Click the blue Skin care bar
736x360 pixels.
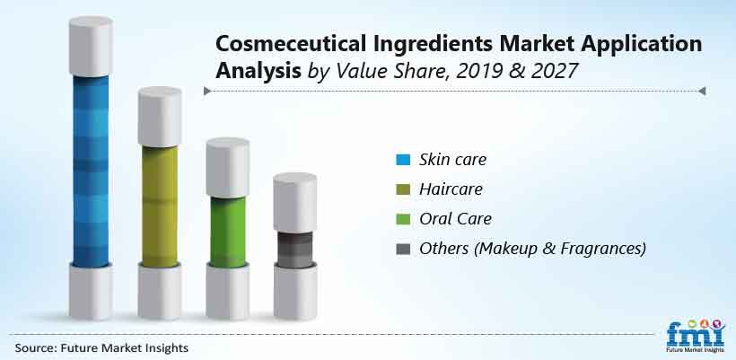coord(91,171)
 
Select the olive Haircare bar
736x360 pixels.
coord(160,206)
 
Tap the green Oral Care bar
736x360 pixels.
coord(228,232)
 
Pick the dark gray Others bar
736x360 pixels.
coord(294,250)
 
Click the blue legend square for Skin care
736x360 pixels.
coord(403,160)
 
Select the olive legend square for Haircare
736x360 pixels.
coord(403,189)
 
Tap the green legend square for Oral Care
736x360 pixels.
coord(403,219)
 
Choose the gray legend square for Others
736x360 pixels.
coord(403,249)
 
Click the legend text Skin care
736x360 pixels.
coord(453,160)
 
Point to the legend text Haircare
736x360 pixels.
coord(451,189)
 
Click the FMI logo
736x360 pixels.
coord(696,334)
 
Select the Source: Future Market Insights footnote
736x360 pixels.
coord(101,347)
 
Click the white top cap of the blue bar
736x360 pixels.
coord(91,47)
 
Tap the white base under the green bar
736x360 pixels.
coord(228,292)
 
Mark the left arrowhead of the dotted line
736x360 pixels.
coord(207,91)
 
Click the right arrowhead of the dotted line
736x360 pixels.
coord(702,91)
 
